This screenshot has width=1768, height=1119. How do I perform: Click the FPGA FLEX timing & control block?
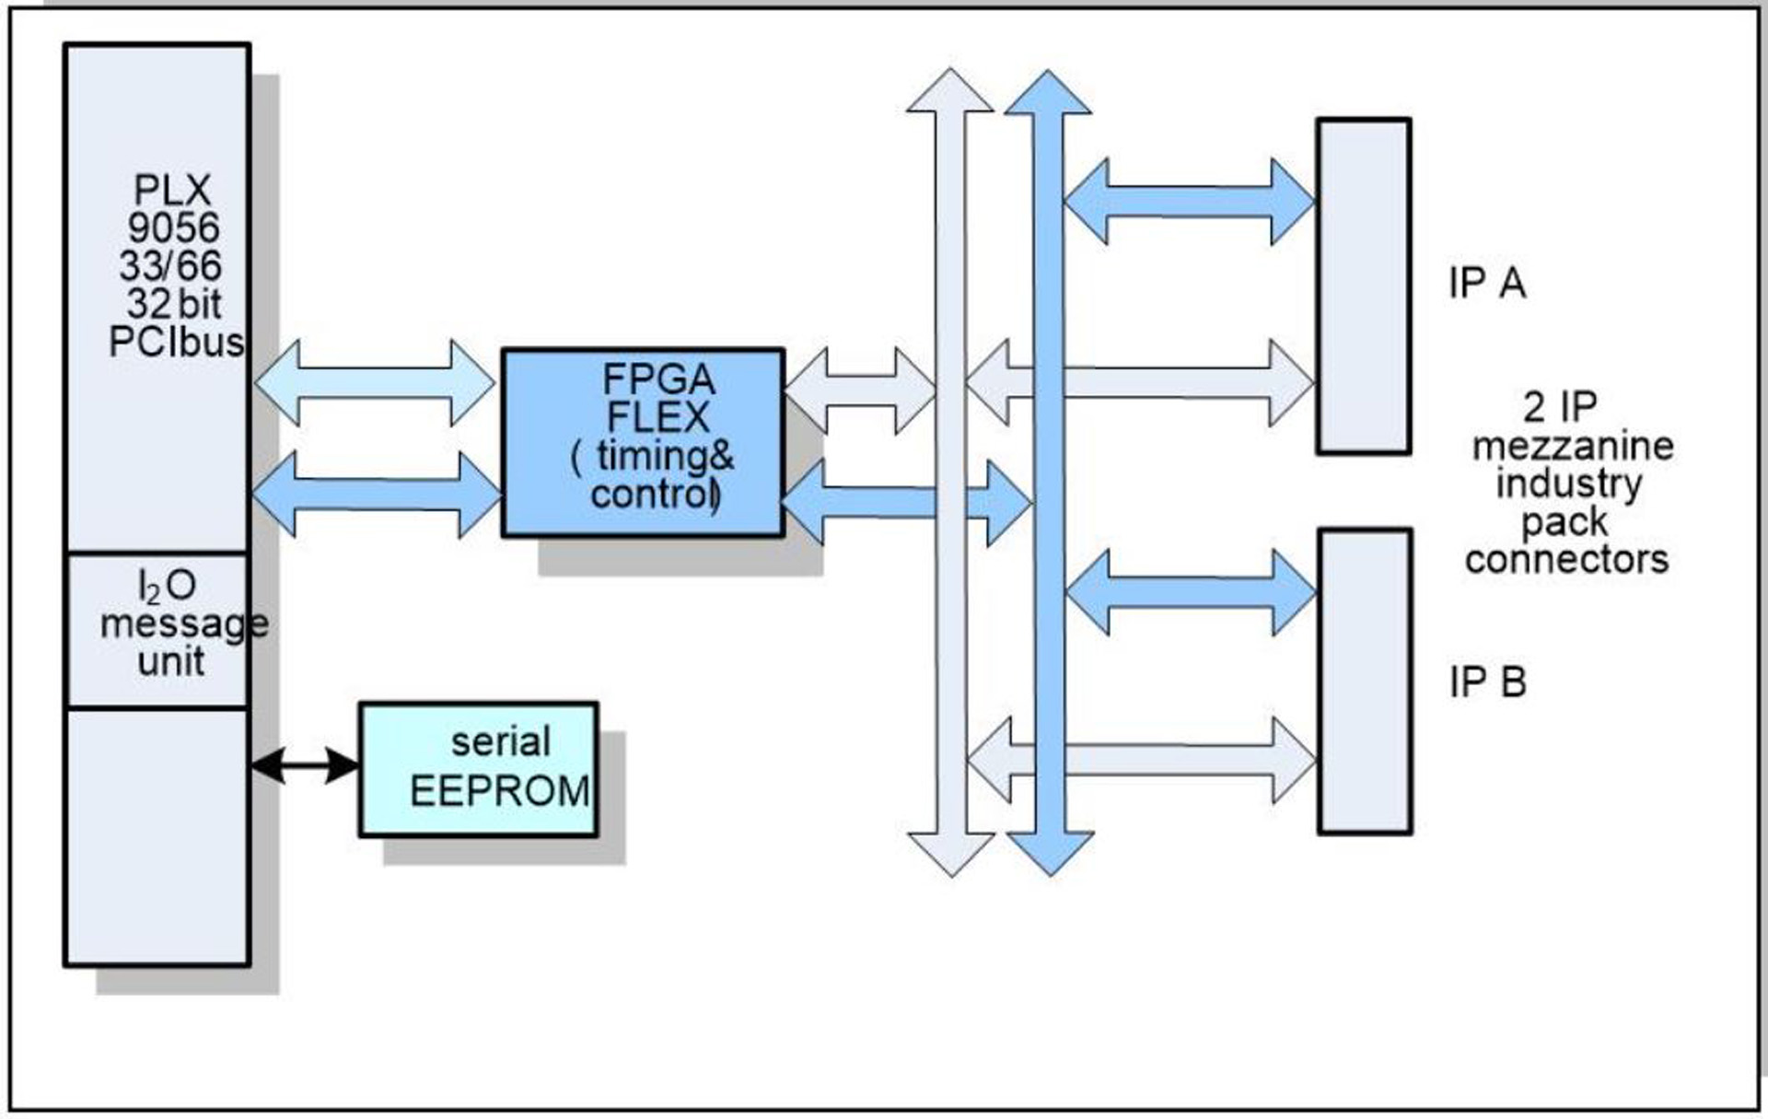pos(643,442)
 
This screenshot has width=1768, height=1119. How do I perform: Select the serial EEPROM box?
pos(478,769)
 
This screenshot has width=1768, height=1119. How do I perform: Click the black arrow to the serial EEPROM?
pos(305,765)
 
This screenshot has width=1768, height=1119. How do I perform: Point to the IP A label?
pos(1486,283)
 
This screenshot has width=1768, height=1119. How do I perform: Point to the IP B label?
pos(1487,682)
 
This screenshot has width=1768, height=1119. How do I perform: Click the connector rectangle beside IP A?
pos(1364,286)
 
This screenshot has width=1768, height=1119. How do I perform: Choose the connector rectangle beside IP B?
pos(1365,682)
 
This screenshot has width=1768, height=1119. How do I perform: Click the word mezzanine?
pos(1572,446)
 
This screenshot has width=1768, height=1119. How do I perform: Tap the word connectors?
pos(1566,559)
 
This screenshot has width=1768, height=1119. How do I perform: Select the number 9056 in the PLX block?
pos(173,227)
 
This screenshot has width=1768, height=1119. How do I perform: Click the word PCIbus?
pos(176,343)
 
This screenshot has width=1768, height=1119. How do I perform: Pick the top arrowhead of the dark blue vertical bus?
pos(1048,93)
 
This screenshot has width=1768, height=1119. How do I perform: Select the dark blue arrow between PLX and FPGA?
pos(377,495)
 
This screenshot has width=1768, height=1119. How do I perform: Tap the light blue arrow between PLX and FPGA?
pos(375,382)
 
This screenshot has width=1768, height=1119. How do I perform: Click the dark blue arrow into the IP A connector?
pos(1189,201)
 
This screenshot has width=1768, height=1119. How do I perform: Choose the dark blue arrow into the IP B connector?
pos(1191,592)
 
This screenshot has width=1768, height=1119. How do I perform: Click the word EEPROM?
pos(499,791)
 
